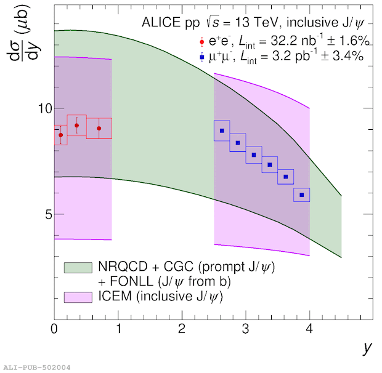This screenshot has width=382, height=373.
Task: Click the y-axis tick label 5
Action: (x=43, y=214)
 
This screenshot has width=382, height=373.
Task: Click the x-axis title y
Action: (x=367, y=348)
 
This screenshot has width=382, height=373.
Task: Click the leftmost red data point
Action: (x=60, y=135)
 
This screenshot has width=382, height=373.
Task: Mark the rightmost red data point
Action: (x=99, y=129)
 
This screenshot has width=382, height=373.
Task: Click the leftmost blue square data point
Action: (x=222, y=130)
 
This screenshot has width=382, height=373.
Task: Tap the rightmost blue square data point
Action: (x=301, y=195)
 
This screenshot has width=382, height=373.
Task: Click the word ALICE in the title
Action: (x=160, y=23)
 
